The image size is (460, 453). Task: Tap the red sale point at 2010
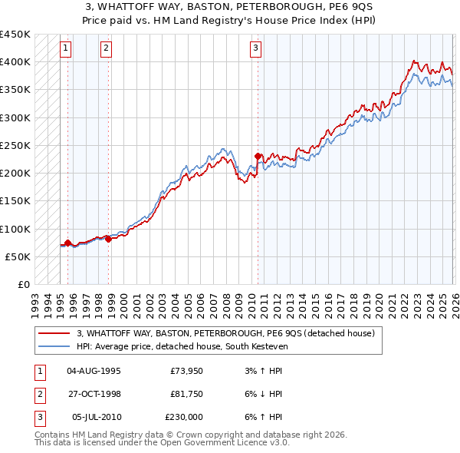pos(258,156)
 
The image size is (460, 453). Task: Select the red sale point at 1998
pos(108,239)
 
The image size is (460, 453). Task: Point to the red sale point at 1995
pos(67,243)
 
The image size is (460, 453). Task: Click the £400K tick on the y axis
pos(15,61)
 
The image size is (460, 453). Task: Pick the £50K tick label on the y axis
pos(18,256)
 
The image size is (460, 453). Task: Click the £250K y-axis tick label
pos(15,145)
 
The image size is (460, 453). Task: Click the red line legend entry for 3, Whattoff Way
pos(225,333)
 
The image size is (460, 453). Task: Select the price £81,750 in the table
pos(186,394)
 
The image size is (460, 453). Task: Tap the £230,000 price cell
pos(184,417)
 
